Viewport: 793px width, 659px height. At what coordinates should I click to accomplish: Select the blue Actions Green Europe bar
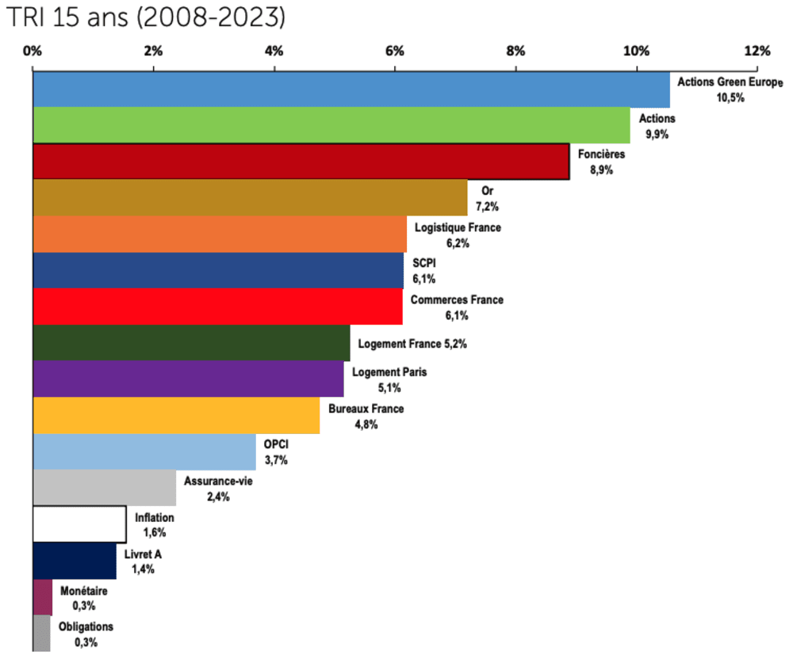(351, 89)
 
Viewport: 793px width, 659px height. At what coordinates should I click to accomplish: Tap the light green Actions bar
(331, 125)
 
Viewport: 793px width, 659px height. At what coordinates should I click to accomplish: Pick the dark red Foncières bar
(301, 162)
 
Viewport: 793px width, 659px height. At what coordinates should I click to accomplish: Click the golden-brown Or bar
(250, 198)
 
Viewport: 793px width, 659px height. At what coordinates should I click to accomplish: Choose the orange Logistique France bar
(219, 234)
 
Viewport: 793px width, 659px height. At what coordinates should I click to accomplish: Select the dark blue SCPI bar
(217, 271)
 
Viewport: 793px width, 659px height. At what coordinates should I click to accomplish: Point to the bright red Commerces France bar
(217, 307)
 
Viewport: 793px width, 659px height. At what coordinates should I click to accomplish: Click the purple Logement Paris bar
(188, 379)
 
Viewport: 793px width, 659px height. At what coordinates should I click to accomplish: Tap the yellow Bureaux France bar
(176, 416)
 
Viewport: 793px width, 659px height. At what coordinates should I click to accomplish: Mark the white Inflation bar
(79, 524)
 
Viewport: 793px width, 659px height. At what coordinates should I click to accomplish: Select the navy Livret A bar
(75, 561)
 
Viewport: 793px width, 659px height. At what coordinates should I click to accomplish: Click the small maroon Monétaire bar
(43, 597)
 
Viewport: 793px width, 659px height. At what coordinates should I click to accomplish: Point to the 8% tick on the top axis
(515, 51)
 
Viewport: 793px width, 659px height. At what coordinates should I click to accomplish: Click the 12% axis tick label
(757, 51)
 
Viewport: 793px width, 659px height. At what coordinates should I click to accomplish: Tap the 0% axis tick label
(33, 51)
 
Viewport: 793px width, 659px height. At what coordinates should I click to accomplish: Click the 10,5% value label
(731, 97)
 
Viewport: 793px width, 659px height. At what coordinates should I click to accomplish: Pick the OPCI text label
(276, 445)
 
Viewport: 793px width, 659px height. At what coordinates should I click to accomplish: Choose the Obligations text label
(86, 627)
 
